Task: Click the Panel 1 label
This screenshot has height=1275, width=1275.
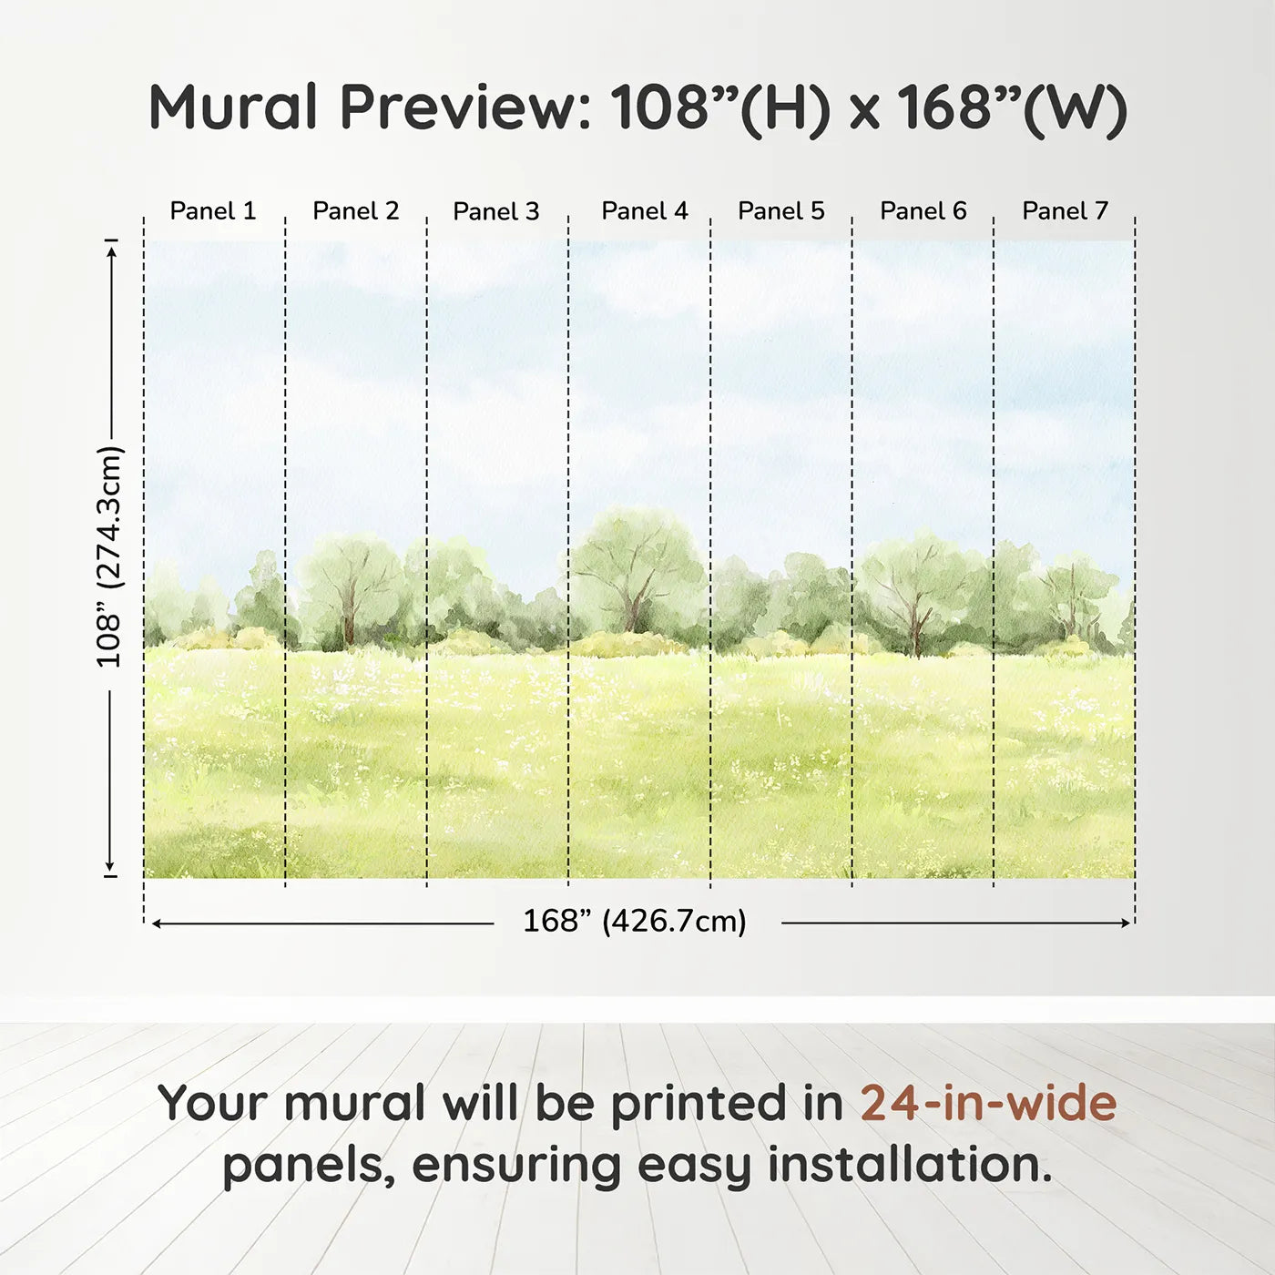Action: point(213,211)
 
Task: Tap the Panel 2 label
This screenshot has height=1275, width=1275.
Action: point(356,211)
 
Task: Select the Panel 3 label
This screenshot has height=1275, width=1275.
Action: point(496,211)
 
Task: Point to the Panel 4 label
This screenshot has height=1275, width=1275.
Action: point(645,211)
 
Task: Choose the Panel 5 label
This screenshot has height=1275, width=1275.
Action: point(781,211)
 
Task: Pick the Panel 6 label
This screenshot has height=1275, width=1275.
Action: point(923,211)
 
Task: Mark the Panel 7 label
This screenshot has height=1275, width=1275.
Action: point(1066,211)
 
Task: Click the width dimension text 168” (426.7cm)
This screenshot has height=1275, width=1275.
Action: point(635,922)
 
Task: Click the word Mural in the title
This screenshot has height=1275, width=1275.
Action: point(232,107)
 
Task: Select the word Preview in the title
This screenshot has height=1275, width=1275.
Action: point(465,107)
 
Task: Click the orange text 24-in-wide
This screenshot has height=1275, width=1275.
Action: point(988,1103)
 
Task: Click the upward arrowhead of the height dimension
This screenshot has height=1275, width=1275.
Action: point(111,249)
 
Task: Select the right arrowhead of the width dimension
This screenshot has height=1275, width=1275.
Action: point(1126,923)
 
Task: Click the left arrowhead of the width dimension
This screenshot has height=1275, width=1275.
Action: point(157,923)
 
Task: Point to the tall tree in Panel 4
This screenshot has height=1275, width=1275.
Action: point(635,565)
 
